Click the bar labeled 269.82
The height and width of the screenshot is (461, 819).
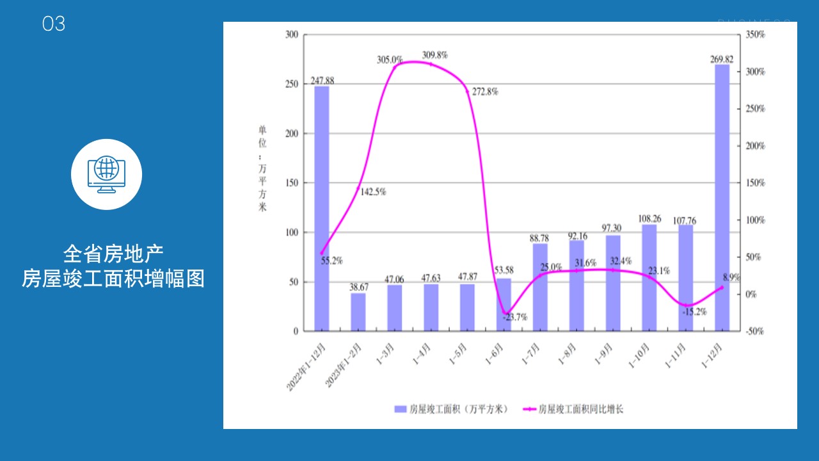point(722,198)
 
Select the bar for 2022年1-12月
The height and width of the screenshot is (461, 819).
point(322,209)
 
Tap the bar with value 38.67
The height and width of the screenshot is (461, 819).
point(358,312)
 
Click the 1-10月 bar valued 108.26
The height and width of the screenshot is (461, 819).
point(649,278)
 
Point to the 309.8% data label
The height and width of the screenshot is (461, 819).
point(434,55)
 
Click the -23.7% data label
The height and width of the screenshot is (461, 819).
point(515,316)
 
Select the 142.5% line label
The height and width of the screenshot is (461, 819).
point(372,191)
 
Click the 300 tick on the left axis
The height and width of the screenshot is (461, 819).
point(292,35)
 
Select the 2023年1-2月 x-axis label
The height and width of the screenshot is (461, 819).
point(346,365)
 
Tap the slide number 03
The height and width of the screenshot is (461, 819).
point(54,24)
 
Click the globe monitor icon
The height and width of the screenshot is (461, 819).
point(106,174)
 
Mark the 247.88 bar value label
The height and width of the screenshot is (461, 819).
point(322,81)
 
